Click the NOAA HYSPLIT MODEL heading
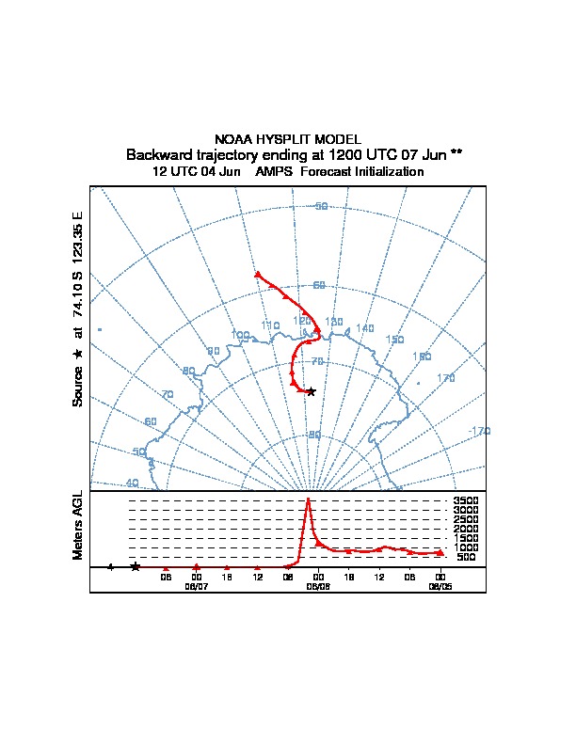coord(287,139)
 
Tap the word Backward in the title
coord(156,154)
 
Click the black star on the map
coord(312,390)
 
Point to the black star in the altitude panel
coord(136,566)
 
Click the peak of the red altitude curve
coord(308,499)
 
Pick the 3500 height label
coord(466,501)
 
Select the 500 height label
coord(466,557)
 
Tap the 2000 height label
coord(466,530)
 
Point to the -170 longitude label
coord(479,431)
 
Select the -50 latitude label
coord(320,206)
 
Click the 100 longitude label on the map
coord(240,335)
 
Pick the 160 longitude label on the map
coord(422,357)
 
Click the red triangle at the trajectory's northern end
coord(258,275)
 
